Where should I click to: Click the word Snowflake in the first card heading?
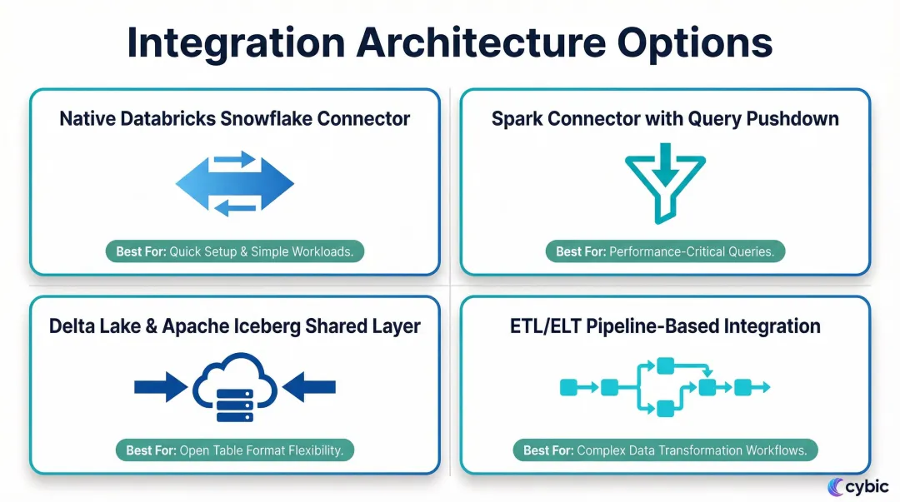271,118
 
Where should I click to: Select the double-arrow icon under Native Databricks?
235,184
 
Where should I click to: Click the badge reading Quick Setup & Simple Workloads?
235,251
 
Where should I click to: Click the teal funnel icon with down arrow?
665,182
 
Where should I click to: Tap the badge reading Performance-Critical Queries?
665,251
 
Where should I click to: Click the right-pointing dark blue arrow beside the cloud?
160,386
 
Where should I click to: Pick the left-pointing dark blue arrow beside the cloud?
309,386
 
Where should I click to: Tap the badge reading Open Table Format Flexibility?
235,450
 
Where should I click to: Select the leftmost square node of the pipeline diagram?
569,387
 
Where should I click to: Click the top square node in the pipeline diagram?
665,366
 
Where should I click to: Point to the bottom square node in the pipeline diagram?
665,408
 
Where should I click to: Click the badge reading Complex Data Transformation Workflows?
665,450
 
